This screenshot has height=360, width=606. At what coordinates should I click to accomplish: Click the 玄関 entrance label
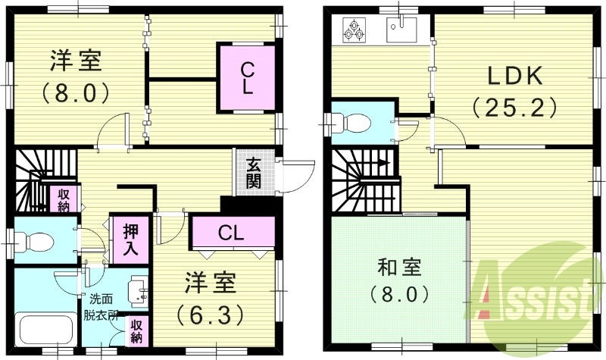[252, 173]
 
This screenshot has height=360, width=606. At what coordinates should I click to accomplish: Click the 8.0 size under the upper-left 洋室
[76, 93]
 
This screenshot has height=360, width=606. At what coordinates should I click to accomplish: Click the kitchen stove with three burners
[355, 29]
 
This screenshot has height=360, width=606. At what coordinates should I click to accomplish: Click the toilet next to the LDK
[353, 122]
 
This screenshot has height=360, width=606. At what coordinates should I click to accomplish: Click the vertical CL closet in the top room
[246, 78]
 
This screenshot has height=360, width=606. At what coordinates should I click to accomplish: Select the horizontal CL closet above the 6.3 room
[232, 232]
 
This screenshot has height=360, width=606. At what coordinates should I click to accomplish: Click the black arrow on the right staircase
[385, 162]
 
